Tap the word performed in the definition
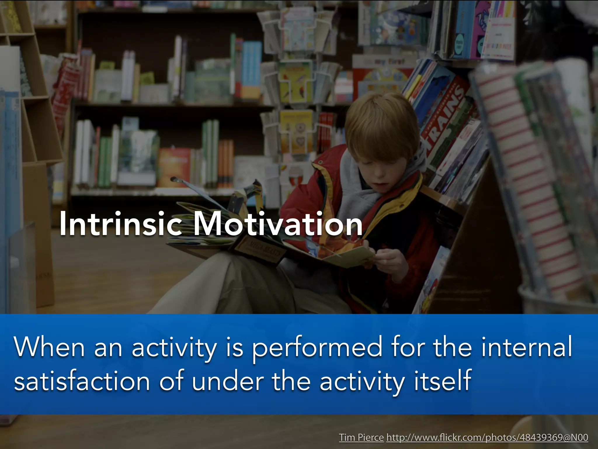[317, 348]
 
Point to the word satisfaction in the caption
[82, 381]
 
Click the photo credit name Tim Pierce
[361, 438]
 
